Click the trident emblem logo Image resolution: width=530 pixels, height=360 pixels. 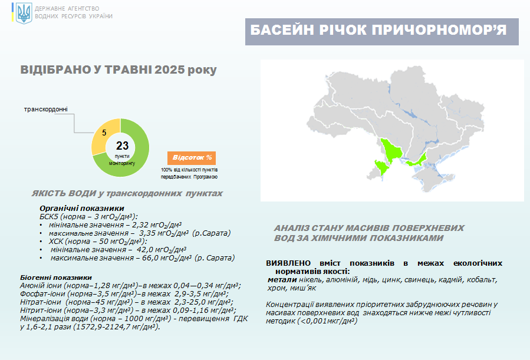coord(24,13)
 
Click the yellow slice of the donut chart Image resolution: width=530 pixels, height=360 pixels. coord(101,135)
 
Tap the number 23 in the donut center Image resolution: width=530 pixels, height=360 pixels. coord(122,146)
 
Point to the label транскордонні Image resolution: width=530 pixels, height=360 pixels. coord(45,109)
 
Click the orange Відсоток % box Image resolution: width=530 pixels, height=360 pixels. coord(192,158)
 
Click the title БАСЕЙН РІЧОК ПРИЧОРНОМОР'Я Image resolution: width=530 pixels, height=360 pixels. coord(378,30)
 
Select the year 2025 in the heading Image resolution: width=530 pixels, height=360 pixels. coord(169,70)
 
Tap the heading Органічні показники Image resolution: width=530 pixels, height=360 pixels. coord(82,208)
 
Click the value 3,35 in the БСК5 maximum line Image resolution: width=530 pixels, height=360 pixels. coord(147,233)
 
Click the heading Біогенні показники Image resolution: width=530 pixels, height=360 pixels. coord(56,278)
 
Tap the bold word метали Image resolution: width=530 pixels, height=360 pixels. coord(282,280)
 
